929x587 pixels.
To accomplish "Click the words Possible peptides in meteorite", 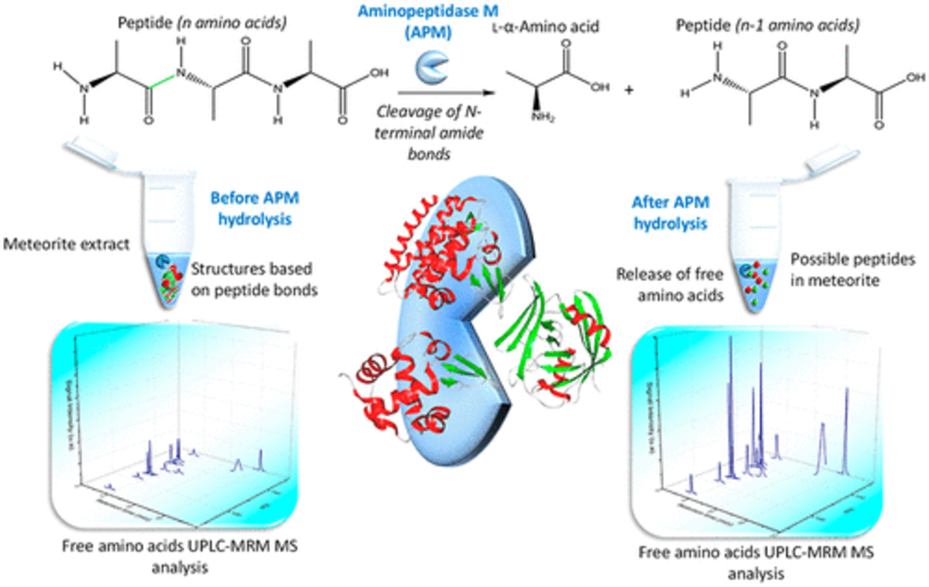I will (855, 269).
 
